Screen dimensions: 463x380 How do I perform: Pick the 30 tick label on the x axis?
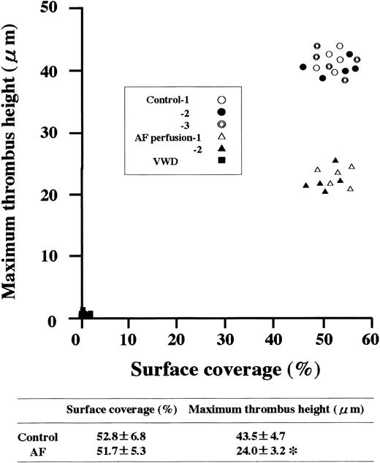tap(227, 340)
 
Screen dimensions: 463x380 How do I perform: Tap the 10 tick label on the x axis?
tap(129, 340)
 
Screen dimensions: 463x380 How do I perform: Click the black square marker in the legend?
tap(221, 161)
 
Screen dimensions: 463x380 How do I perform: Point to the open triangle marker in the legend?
tap(221, 136)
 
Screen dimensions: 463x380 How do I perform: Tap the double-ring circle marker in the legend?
tap(221, 124)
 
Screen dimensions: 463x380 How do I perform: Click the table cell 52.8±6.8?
tap(95, 437)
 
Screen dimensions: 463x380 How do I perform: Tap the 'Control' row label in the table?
tap(34, 437)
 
